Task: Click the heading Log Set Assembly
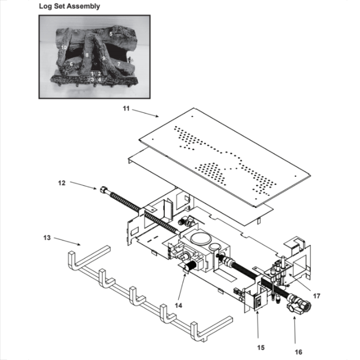[69, 6]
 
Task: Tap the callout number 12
[62, 183]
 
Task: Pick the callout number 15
[261, 347]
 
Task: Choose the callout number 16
[298, 352]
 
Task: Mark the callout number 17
[316, 296]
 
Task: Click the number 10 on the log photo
[64, 47]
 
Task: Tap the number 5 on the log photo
[111, 34]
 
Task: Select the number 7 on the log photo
[118, 64]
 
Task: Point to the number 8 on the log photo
[87, 55]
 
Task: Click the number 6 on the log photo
[71, 64]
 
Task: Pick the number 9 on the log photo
[103, 58]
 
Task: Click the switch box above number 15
[258, 301]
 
